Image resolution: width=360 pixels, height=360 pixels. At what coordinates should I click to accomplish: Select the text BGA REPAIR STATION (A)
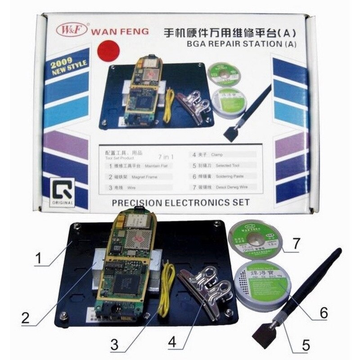[238, 44]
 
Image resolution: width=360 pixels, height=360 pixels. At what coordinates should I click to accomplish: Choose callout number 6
[324, 312]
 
